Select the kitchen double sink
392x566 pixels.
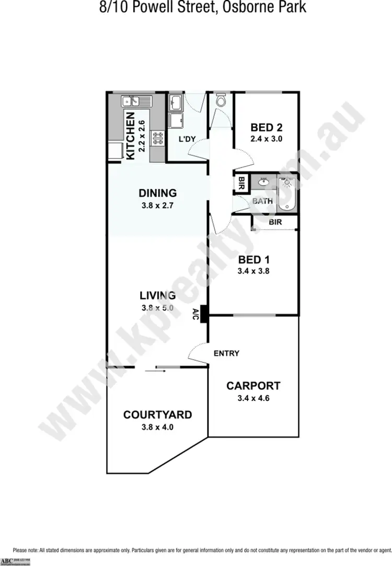coord(130,100)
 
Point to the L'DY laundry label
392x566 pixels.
coord(187,140)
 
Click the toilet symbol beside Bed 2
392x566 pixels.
coord(221,101)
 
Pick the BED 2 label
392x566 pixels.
coord(267,127)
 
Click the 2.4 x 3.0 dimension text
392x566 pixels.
coord(267,139)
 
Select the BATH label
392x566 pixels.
coord(262,201)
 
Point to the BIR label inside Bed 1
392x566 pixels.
coord(275,222)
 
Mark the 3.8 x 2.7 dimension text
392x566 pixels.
coord(157,205)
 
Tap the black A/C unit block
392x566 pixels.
coord(205,314)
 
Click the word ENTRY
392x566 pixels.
coord(226,353)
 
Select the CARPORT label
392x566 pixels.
coord(253,386)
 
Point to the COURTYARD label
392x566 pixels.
coord(157,415)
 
